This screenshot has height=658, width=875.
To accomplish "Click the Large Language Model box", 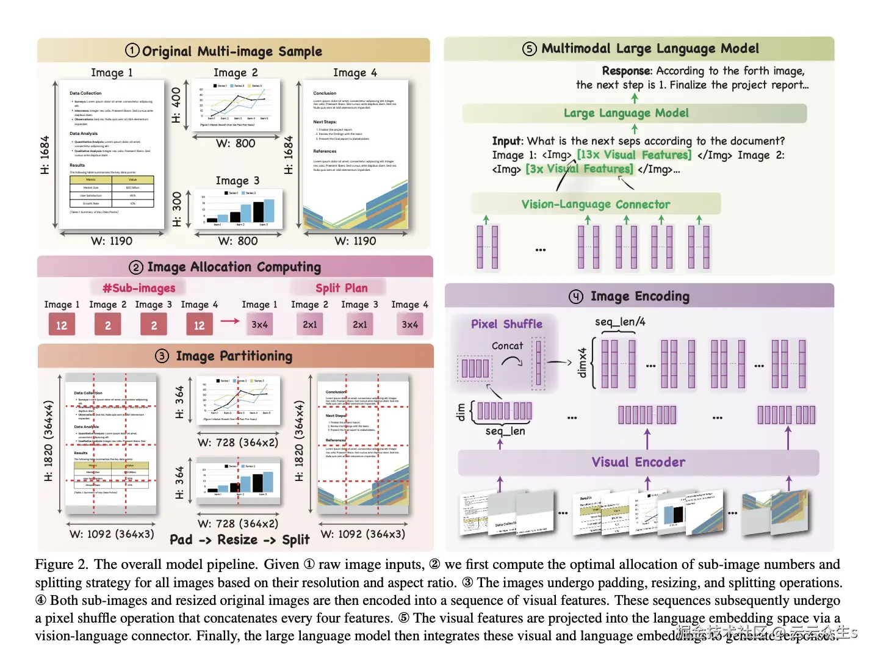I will [634, 114].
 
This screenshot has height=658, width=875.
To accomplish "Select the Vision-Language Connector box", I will [596, 204].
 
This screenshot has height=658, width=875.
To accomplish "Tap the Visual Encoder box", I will [638, 463].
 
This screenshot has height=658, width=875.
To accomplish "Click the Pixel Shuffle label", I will [506, 324].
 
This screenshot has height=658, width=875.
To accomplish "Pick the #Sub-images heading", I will [139, 288].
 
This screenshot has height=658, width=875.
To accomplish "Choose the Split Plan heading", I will [341, 288].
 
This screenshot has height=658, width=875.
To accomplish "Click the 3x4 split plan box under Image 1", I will [259, 325].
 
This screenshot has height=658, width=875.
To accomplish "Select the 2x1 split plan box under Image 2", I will [310, 325].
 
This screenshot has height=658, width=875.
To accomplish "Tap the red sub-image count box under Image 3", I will [154, 325].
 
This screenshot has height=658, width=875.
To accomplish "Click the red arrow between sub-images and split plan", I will [230, 321].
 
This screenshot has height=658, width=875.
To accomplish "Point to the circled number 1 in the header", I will [132, 51].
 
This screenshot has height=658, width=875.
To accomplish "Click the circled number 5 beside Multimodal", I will [530, 49].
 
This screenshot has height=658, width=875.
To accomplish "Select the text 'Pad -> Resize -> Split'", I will [239, 540].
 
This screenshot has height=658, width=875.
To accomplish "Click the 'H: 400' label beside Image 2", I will [176, 105].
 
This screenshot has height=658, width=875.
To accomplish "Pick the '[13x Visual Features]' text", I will [634, 155].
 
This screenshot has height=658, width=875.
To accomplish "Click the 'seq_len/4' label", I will [620, 322].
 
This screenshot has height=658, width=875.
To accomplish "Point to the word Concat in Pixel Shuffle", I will [507, 346].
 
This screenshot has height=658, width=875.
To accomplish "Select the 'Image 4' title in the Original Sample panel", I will [355, 73].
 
